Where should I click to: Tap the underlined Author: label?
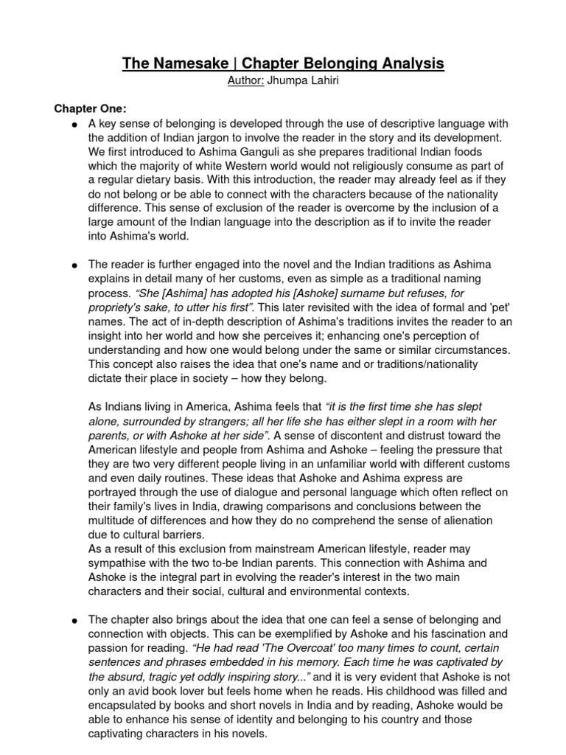[243, 80]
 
